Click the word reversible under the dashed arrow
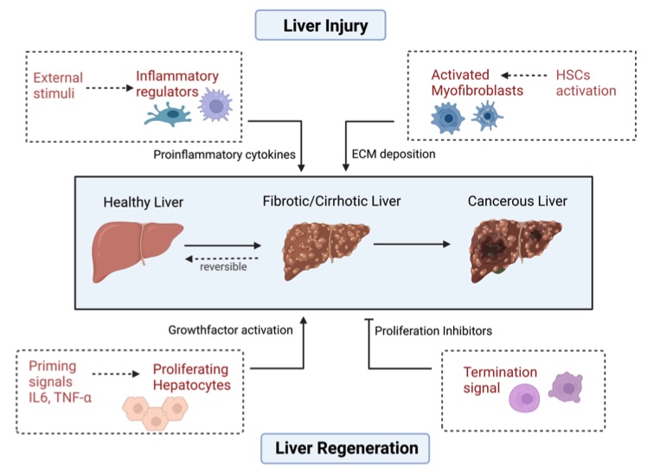pos(221,267)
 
